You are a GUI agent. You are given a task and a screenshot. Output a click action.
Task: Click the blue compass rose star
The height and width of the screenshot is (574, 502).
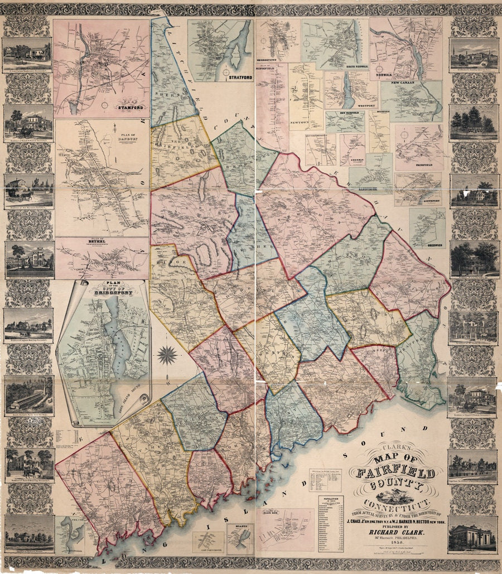coord(167,354)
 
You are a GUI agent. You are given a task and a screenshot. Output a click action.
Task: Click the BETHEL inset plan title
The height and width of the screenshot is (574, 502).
coord(94,242)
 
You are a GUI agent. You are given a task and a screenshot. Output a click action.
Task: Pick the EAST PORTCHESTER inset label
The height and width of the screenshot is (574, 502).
coord(208,552)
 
